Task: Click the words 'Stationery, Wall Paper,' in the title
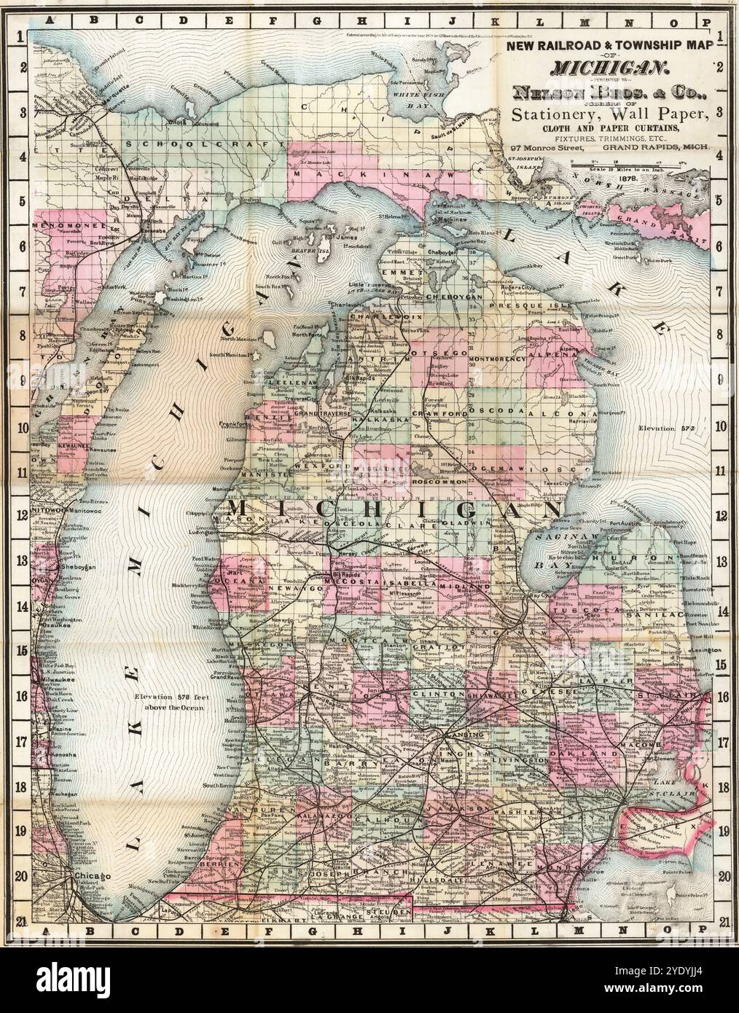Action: point(609,114)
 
